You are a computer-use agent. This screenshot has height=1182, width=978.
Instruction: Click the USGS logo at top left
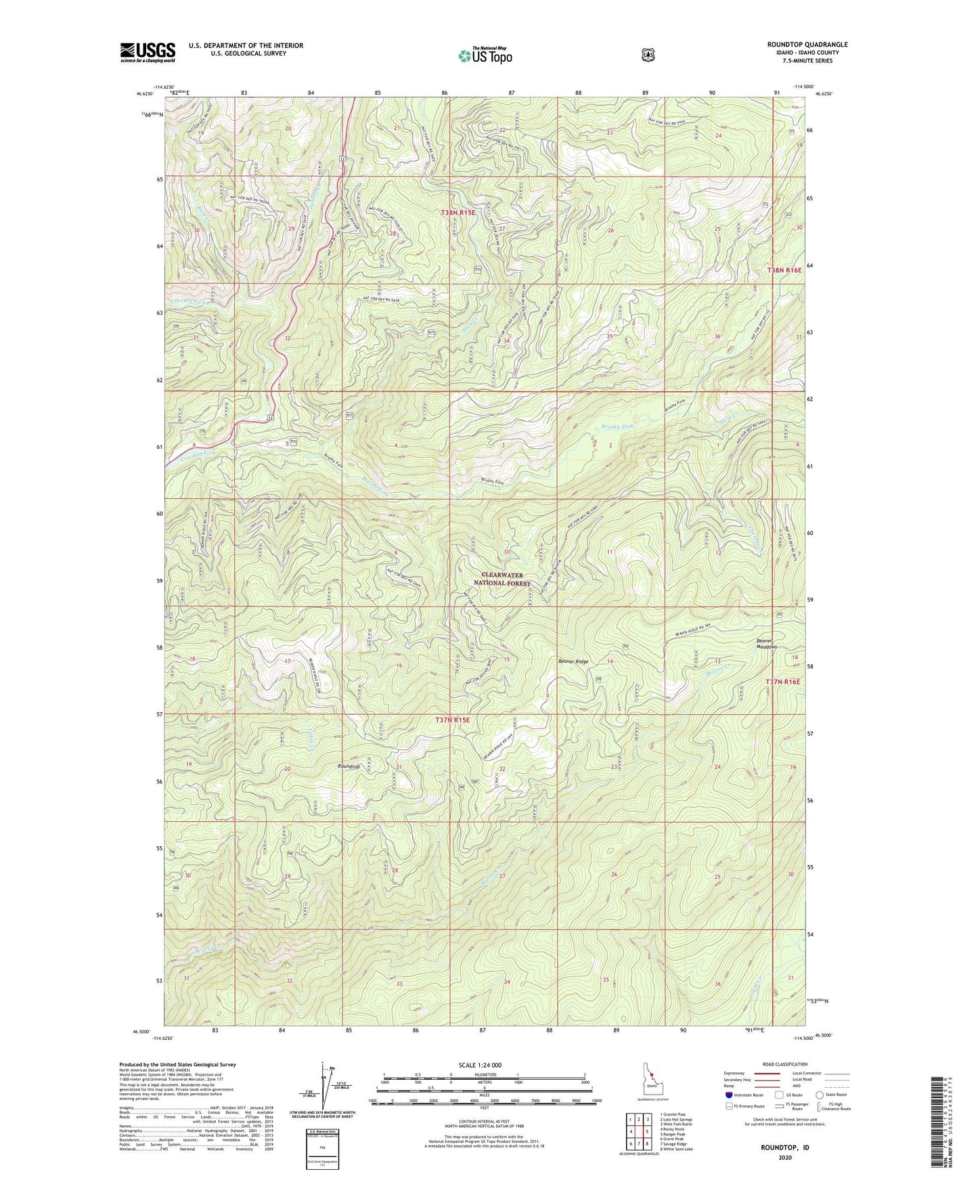(148, 52)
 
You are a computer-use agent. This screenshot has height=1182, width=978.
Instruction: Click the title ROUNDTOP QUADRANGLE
(804, 45)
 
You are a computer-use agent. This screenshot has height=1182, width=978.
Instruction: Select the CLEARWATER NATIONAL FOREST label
(502, 579)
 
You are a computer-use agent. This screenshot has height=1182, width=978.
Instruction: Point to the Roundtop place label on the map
(349, 766)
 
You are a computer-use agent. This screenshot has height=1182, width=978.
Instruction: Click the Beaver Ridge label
(573, 661)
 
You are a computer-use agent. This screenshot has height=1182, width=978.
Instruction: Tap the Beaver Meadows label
(766, 643)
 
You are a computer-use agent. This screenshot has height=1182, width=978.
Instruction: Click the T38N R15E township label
(458, 213)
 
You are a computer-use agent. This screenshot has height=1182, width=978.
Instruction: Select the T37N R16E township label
(782, 682)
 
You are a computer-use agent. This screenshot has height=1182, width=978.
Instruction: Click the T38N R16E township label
(784, 270)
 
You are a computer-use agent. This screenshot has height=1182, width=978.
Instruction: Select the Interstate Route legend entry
(744, 1095)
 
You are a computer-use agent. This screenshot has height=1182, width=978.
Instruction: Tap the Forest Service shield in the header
(648, 54)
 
